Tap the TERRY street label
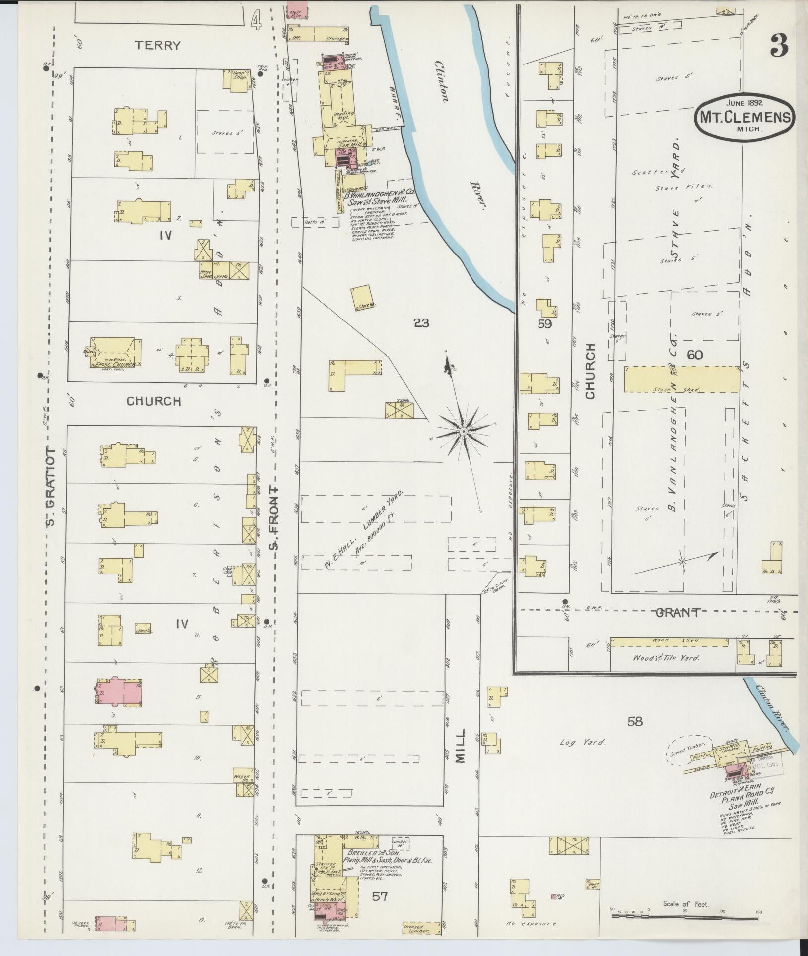point(158,46)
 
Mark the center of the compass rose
point(463,432)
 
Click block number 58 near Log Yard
point(635,721)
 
